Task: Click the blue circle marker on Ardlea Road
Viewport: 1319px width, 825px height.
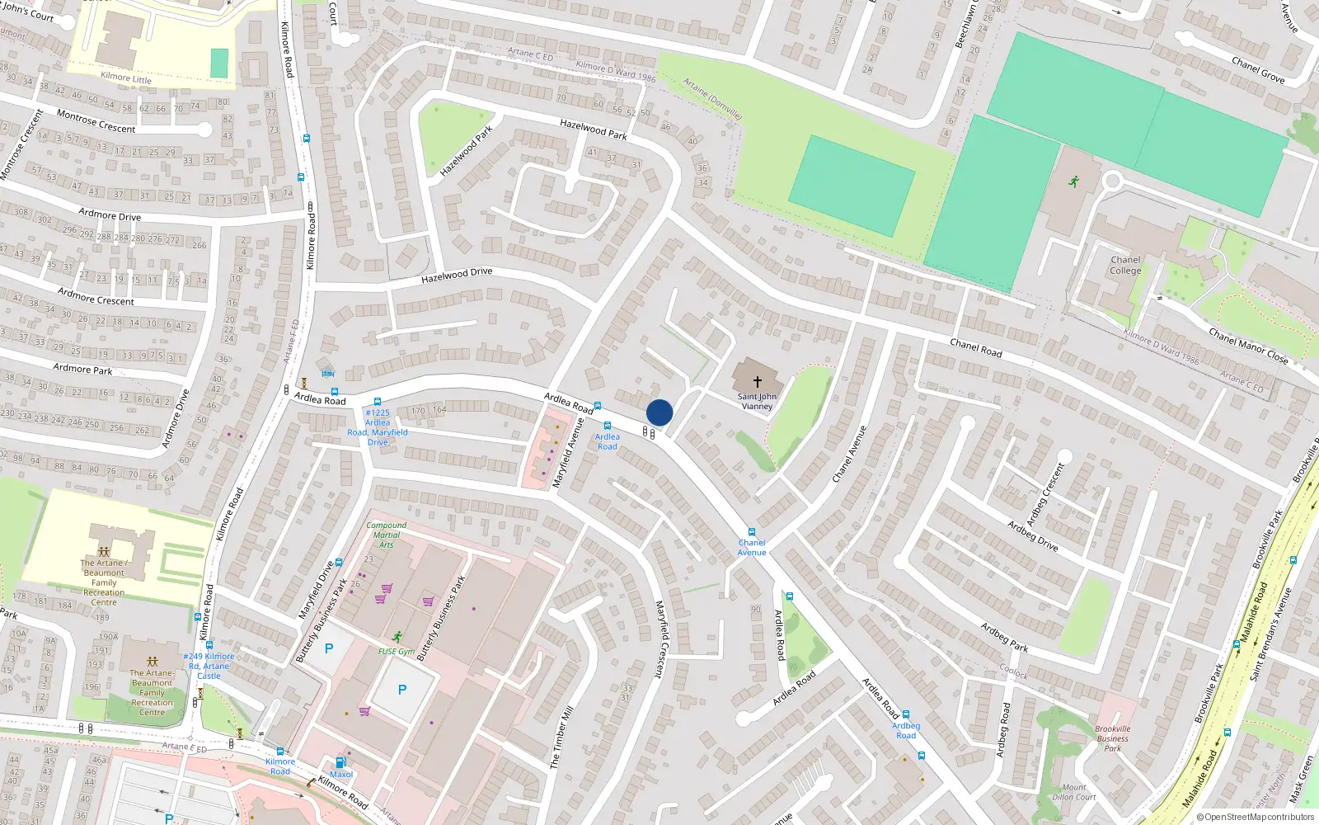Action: click(659, 412)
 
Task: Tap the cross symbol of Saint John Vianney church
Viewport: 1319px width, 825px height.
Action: click(757, 382)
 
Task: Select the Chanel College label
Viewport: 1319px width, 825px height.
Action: click(1125, 265)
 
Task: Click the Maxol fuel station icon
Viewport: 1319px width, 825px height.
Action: click(340, 763)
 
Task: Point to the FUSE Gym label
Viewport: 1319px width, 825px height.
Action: click(397, 651)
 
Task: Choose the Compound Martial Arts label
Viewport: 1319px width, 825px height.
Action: click(386, 535)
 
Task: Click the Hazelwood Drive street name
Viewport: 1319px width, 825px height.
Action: click(457, 276)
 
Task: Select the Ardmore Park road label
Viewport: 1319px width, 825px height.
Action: click(82, 369)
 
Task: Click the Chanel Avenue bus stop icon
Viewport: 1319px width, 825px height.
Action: click(751, 532)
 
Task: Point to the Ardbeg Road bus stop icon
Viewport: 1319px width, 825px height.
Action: click(905, 714)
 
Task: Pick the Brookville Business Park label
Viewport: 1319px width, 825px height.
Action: click(1113, 738)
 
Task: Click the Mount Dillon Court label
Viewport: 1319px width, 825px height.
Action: click(1073, 792)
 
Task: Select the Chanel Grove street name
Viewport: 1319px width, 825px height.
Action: click(1258, 69)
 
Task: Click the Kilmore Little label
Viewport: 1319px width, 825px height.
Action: click(126, 78)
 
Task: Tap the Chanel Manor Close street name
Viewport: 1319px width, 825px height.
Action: click(1248, 345)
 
